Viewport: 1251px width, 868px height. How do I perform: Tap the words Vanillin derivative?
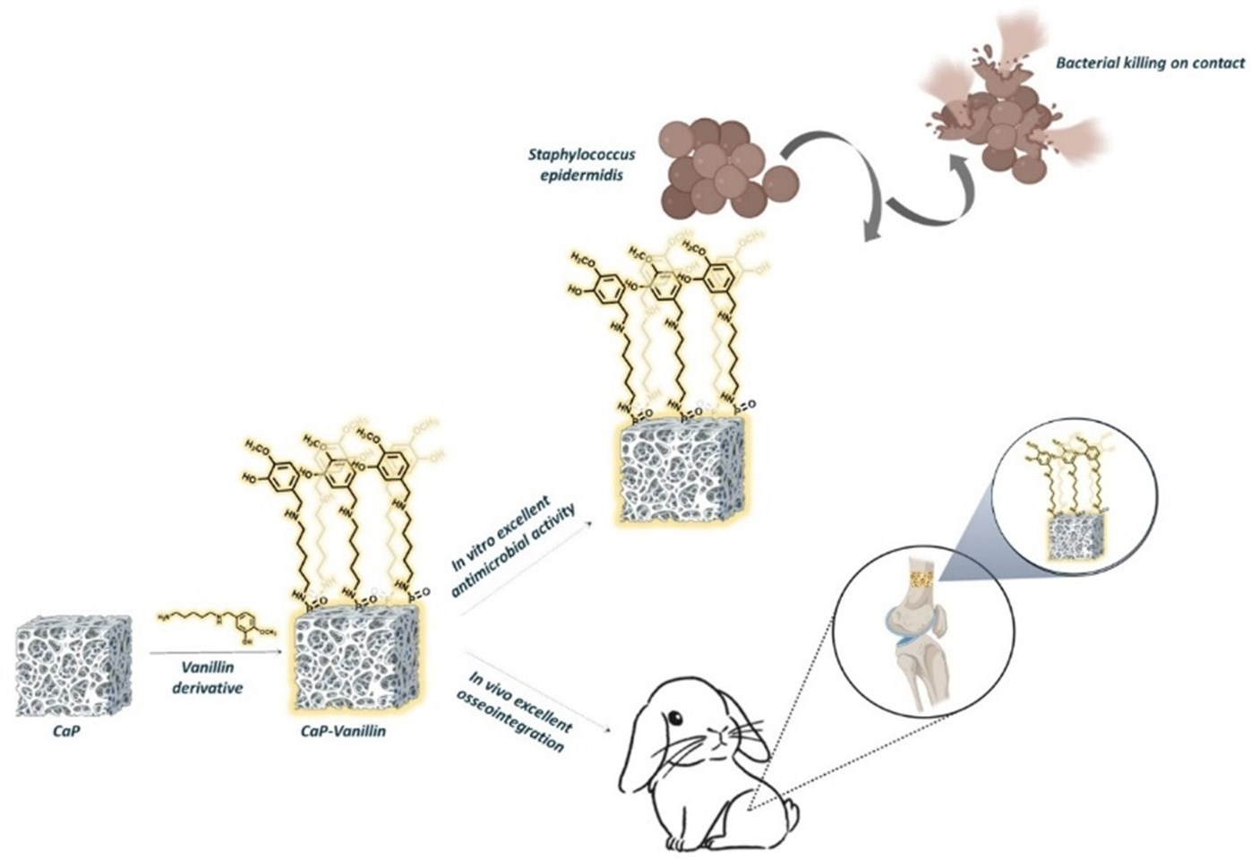click(x=206, y=678)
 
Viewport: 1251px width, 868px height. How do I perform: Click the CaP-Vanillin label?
click(x=344, y=731)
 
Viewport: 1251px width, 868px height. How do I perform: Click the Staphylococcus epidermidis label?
click(x=581, y=165)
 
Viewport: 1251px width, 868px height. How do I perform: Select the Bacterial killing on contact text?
click(x=1150, y=64)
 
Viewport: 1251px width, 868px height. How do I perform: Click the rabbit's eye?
click(x=673, y=718)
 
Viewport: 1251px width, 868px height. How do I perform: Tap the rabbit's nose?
click(x=715, y=736)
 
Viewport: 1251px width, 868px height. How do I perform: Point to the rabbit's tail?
click(x=789, y=813)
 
